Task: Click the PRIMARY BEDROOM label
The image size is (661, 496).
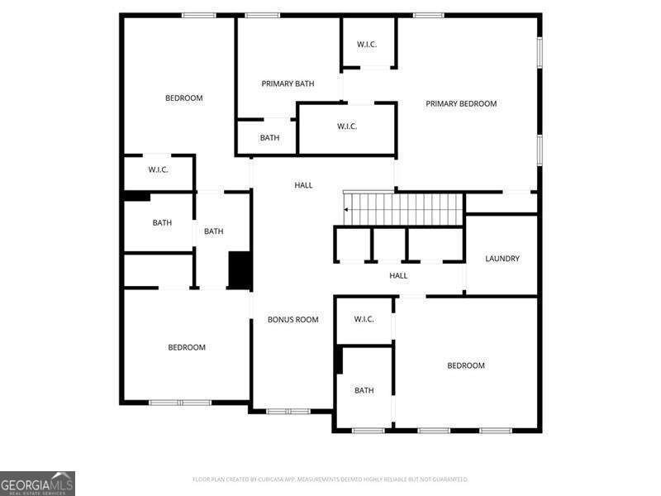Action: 461,103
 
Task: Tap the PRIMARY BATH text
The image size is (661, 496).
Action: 288,83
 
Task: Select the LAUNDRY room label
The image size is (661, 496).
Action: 502,259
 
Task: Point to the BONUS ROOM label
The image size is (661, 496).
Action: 292,319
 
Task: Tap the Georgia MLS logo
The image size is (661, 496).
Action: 37,483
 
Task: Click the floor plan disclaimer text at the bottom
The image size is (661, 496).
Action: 330,479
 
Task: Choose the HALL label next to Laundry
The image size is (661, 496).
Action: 398,275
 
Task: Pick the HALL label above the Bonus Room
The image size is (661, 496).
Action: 303,185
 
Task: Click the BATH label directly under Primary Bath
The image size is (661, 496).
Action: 269,137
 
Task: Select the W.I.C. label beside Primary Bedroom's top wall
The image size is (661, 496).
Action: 367,44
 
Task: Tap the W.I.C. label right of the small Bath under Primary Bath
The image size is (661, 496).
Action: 347,126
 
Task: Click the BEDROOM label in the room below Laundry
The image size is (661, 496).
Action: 466,365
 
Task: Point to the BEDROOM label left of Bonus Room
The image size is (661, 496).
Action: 187,347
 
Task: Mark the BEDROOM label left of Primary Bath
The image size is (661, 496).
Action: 184,98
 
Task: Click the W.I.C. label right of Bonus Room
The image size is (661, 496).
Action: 364,319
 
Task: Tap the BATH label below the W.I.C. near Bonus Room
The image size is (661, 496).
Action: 364,390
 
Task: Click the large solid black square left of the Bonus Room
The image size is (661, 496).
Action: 240,270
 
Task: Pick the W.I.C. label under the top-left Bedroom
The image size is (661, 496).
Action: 159,169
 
